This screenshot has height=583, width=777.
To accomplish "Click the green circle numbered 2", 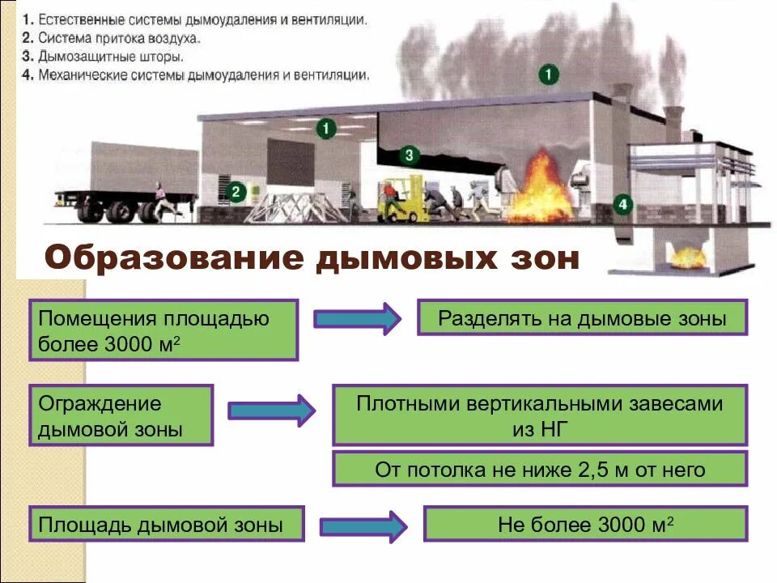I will coord(236,192).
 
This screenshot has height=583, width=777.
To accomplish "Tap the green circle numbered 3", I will coord(409,154).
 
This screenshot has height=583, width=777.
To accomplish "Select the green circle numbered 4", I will coord(622,204).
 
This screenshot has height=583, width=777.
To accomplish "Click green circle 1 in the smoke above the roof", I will coord(549,75).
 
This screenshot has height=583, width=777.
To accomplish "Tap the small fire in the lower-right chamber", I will coord(687,257).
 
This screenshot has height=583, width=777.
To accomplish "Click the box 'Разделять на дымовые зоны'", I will coord(582,317).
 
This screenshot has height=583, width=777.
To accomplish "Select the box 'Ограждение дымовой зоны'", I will coord(121,415).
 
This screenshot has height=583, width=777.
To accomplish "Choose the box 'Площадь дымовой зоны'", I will coord(167,525).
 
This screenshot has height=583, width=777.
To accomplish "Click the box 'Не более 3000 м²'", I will coord(586,525).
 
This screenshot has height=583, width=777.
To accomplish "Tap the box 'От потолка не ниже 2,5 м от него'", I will coord(540,470).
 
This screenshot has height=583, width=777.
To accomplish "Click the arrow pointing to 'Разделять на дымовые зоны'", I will coord(356,319).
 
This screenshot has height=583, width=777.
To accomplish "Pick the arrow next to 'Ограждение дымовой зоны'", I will coord(271,411).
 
